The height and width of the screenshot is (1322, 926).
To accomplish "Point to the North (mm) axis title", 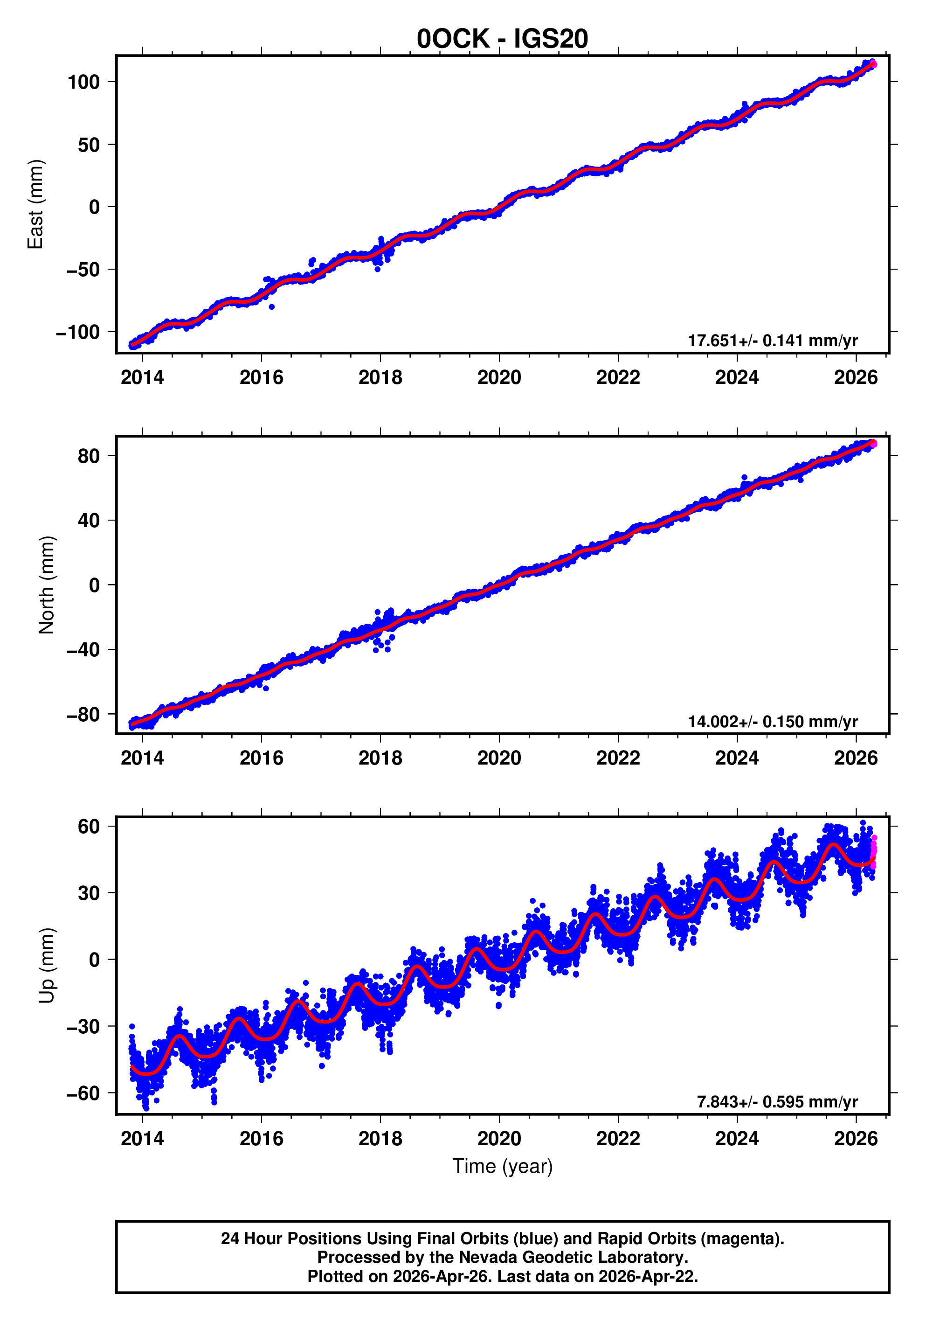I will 47,585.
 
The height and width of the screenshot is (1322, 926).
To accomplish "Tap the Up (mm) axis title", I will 47,966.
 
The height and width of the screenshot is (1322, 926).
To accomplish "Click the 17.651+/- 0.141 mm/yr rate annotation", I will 772,340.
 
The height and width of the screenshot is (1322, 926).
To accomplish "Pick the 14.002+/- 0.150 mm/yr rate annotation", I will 772,722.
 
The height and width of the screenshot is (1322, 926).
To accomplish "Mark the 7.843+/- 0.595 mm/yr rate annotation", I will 777,1101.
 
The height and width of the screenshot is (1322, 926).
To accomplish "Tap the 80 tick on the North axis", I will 89,456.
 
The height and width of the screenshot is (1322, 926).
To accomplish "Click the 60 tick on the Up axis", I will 89,827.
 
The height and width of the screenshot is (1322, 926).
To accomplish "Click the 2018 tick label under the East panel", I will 380,378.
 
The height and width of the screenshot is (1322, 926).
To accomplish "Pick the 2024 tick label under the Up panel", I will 737,1139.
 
